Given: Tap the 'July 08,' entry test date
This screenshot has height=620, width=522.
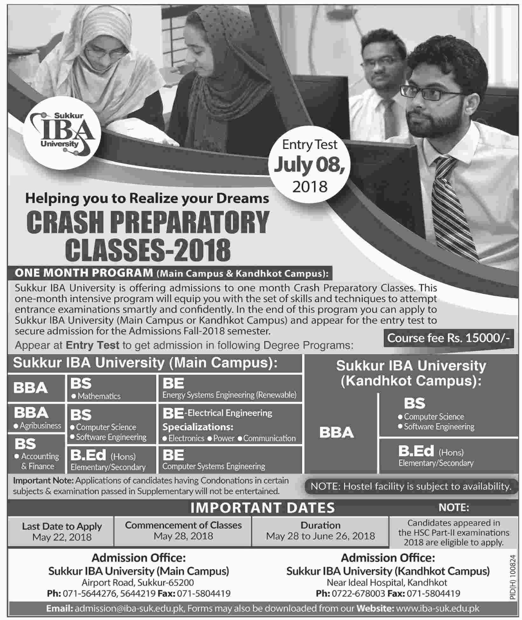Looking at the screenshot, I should click(x=310, y=165).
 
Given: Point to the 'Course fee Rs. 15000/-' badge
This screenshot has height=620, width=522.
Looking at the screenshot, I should click(x=448, y=338).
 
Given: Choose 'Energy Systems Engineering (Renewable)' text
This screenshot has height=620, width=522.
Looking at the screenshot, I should click(x=229, y=395).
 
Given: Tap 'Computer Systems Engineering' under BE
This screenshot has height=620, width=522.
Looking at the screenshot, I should click(x=214, y=466).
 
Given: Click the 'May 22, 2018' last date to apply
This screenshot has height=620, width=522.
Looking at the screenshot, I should click(x=62, y=537).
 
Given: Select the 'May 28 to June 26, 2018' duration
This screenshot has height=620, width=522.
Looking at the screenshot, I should click(x=320, y=536).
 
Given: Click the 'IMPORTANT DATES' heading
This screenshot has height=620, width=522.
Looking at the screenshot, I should click(x=263, y=508).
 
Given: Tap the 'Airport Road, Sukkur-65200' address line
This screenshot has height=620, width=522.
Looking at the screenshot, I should click(x=138, y=583).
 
